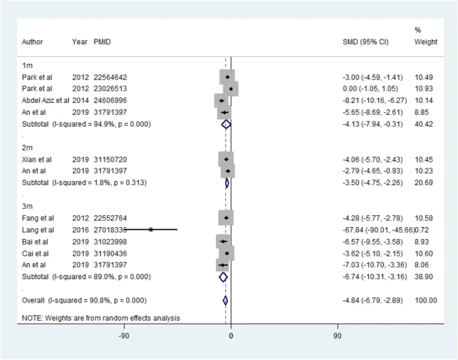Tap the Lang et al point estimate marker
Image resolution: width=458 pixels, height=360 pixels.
(151, 229)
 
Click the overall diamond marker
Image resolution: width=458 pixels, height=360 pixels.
(225, 301)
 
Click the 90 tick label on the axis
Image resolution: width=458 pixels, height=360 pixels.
(337, 335)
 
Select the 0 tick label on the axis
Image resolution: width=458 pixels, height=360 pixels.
(231, 335)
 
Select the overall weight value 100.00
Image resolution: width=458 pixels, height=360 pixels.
(425, 301)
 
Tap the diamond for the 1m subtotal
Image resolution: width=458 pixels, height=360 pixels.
(226, 124)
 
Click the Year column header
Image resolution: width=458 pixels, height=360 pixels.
(80, 42)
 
